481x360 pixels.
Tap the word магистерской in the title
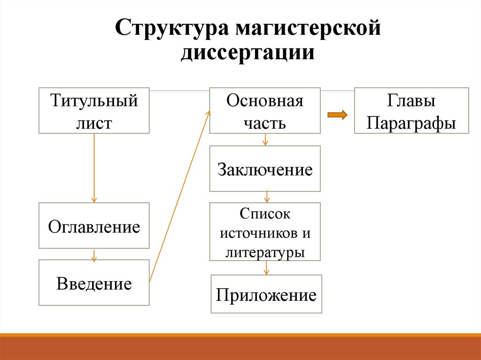click(308, 28)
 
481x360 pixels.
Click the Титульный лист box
click(94, 111)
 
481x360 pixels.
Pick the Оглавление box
click(94, 225)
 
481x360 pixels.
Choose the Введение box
click(94, 283)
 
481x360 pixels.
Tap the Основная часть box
click(265, 111)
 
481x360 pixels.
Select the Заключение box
click(265, 169)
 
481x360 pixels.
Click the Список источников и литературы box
click(265, 231)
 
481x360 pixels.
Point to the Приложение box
click(266, 294)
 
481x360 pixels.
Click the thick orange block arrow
click(337, 115)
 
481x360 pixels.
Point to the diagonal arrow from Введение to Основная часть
click(180, 196)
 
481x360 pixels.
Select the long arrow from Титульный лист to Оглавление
click(94, 168)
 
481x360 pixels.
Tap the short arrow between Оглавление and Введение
click(94, 255)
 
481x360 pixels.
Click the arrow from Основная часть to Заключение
click(265, 139)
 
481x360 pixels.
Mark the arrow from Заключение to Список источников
click(267, 197)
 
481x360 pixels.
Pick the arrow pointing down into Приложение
click(266, 268)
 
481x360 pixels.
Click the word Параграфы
click(411, 124)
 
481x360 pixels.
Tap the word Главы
click(411, 100)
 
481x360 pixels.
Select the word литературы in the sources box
click(265, 253)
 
